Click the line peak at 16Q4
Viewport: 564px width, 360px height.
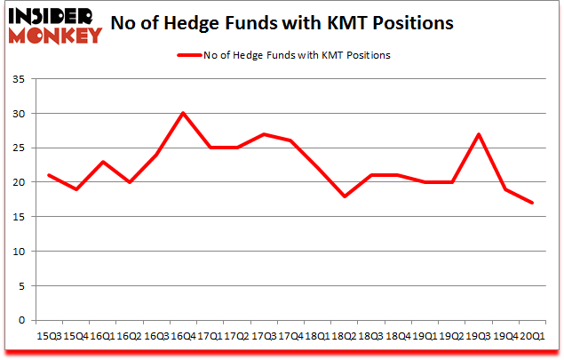[x=182, y=113]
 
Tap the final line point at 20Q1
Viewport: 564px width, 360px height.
[x=533, y=203]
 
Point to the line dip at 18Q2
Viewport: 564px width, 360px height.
[x=345, y=196]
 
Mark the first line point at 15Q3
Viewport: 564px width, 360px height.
[x=49, y=175]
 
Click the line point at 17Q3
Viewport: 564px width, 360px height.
[x=264, y=134]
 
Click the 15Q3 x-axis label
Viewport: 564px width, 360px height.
[x=49, y=337]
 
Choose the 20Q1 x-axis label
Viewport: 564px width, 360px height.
[x=533, y=337]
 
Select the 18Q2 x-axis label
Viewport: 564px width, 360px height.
[x=345, y=337]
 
